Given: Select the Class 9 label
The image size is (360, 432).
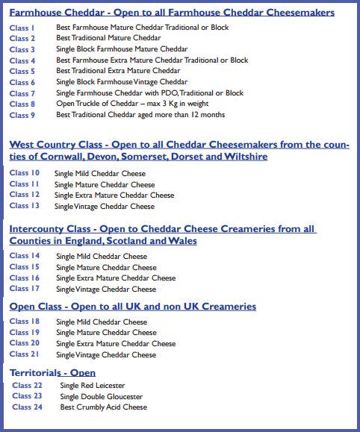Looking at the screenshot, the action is (x=22, y=116).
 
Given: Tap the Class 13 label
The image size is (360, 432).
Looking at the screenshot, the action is (x=24, y=206).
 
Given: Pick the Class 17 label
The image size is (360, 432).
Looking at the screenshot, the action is (x=24, y=289).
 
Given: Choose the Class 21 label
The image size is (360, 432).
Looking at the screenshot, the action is (x=24, y=354).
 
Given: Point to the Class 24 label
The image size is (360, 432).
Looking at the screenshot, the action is (x=27, y=407).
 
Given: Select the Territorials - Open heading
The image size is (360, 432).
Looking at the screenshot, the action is (x=52, y=372).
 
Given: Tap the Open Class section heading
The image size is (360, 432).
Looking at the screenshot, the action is (x=132, y=306).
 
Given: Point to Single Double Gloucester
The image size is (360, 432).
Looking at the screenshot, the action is (x=101, y=396).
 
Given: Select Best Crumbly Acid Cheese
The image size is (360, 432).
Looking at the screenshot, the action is (x=104, y=407).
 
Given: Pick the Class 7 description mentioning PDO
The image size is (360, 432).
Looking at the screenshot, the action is (x=149, y=93).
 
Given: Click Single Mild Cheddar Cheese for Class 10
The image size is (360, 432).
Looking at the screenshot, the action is (x=100, y=173).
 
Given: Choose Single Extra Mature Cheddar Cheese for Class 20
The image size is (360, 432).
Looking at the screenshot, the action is (x=116, y=344).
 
